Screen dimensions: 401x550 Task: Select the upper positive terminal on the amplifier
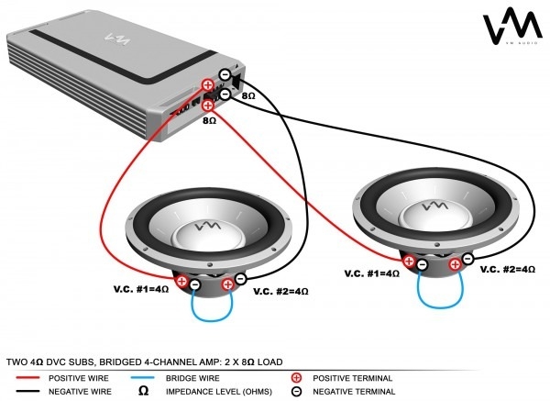[x=208, y=86]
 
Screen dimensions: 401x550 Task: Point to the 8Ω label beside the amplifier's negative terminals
[x=248, y=95]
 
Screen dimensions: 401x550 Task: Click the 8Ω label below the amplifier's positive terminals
[x=209, y=120]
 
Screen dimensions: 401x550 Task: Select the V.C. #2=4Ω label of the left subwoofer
[x=280, y=292]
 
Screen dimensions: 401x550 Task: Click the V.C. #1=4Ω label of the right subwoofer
[x=372, y=273]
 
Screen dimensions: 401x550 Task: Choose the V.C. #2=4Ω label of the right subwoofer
[x=506, y=270]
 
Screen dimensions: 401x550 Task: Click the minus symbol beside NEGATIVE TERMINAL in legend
[x=296, y=392]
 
